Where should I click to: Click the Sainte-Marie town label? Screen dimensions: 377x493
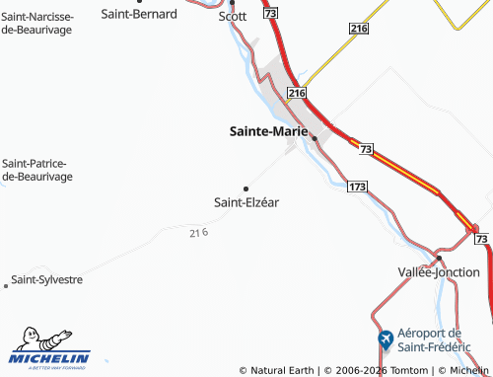(268, 129)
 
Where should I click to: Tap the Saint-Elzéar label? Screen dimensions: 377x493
(246, 201)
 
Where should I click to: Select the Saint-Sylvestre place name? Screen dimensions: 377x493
(46, 279)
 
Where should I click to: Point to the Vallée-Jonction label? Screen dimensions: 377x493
(438, 271)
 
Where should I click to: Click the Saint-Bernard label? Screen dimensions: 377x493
(140, 14)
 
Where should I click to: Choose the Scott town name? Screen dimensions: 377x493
(233, 16)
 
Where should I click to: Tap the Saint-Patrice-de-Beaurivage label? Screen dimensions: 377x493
(37, 170)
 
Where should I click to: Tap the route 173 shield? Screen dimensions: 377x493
(357, 186)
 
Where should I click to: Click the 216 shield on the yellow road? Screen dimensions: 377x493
(358, 31)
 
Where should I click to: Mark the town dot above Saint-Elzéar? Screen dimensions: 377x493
(246, 188)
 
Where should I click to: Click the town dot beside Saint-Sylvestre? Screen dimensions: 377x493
(7, 286)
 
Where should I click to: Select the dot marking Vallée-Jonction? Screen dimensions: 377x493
(439, 258)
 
